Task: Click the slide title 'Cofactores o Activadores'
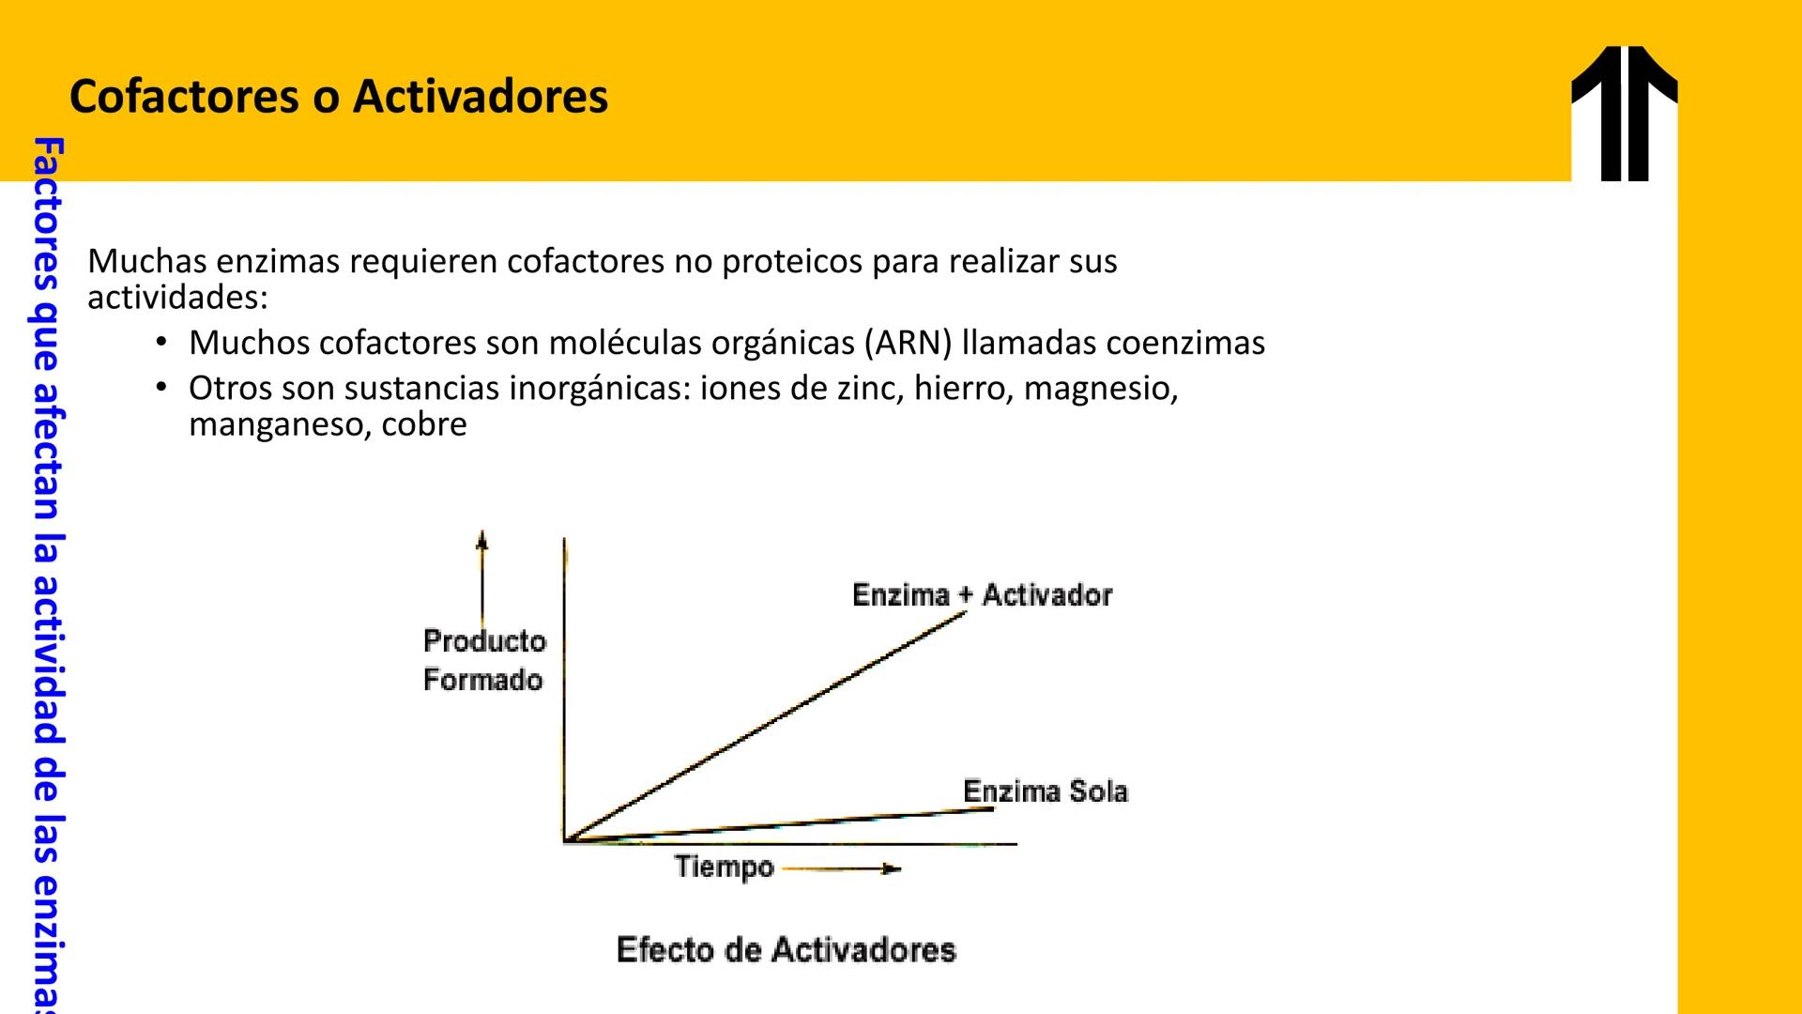coord(339,97)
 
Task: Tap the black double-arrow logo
coord(1624,114)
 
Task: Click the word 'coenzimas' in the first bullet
coord(1185,344)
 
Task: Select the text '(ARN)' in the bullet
coord(908,344)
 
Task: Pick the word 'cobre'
coord(424,425)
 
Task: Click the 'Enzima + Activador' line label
coord(982,595)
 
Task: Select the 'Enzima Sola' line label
coord(1045,791)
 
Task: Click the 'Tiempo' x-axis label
coord(724,868)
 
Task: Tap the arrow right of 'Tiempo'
coord(842,869)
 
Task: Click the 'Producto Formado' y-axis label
coord(484,660)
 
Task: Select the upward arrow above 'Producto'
coord(482,577)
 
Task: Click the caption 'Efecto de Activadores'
coord(786,950)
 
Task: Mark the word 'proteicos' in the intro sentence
coord(791,262)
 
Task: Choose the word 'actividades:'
coord(177,299)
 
